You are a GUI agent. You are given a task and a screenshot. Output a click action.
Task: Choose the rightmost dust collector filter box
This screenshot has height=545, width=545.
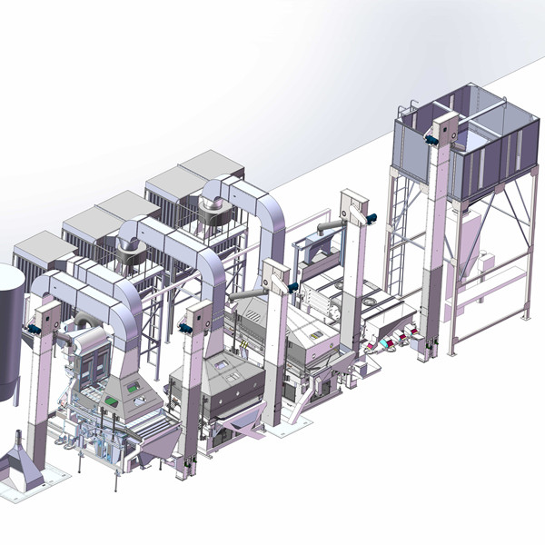198,182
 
